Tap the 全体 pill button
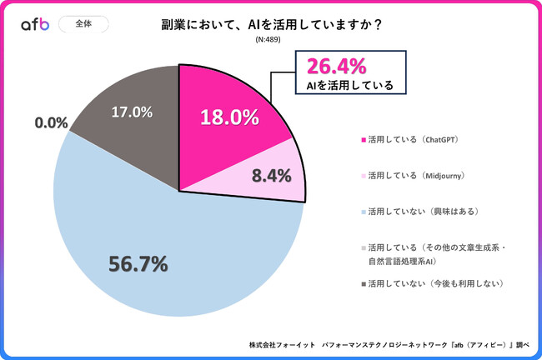pos(83,24)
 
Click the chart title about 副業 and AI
pos(271,25)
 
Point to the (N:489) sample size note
pos(271,39)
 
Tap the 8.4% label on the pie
pos(271,176)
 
